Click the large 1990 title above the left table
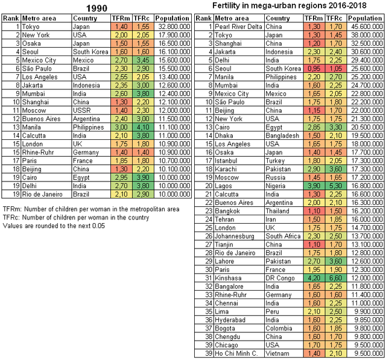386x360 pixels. click(x=96, y=8)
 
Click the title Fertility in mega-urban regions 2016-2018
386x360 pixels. click(x=289, y=5)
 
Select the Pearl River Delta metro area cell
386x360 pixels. click(x=238, y=27)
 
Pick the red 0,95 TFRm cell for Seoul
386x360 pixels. click(x=314, y=68)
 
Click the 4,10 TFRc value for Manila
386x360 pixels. click(x=143, y=127)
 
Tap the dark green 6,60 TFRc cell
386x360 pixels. click(x=336, y=278)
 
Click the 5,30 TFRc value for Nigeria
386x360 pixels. click(x=336, y=186)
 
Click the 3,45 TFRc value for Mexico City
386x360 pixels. click(x=143, y=60)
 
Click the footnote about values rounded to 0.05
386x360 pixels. click(x=54, y=226)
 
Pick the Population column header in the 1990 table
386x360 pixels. click(x=172, y=18)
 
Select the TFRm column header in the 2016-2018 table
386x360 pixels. click(x=314, y=18)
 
